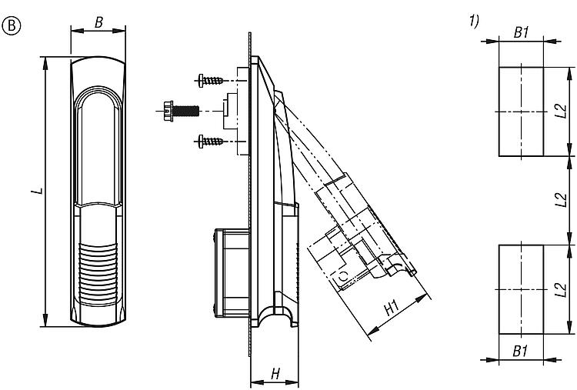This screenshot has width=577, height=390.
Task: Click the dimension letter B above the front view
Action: (x=98, y=22)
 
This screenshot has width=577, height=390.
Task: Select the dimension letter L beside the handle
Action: (x=35, y=190)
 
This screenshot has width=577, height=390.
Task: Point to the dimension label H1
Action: (x=391, y=307)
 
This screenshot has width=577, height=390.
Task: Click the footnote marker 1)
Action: (x=474, y=21)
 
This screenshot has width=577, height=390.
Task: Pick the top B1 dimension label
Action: (x=522, y=32)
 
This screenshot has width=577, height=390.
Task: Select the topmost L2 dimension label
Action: (x=561, y=112)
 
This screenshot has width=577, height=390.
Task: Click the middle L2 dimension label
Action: (x=561, y=202)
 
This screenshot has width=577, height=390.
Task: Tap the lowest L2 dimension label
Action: (x=561, y=289)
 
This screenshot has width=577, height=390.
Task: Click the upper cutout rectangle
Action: (x=522, y=112)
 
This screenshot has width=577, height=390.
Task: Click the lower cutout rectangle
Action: (x=522, y=289)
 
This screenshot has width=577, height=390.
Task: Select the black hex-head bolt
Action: (x=180, y=111)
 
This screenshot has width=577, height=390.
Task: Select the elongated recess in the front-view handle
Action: (x=98, y=146)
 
